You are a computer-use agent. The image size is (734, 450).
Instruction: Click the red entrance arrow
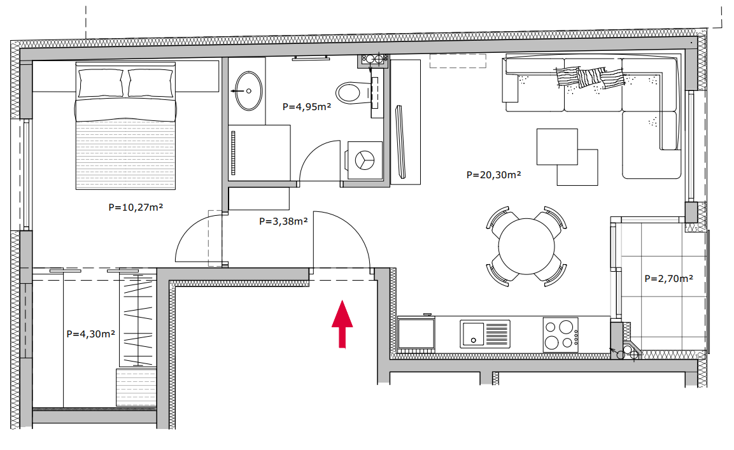tap(342, 324)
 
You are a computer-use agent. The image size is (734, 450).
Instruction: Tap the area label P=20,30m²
tap(493, 174)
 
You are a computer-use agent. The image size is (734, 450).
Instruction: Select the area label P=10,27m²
tap(136, 207)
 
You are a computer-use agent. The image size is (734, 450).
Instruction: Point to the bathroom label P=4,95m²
tap(307, 107)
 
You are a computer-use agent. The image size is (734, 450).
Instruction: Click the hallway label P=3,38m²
tap(283, 221)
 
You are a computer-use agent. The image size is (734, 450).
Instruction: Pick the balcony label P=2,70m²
tap(668, 279)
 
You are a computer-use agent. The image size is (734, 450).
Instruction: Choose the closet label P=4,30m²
tap(91, 334)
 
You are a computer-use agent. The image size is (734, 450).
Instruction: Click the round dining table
tap(526, 246)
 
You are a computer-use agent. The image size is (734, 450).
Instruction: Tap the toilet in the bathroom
tap(353, 93)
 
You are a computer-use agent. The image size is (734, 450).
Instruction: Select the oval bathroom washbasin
tap(248, 91)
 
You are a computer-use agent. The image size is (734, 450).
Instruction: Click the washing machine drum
tap(365, 160)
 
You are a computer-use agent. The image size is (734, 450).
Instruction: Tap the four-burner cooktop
tap(561, 334)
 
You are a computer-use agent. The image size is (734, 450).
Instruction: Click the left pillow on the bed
tap(101, 83)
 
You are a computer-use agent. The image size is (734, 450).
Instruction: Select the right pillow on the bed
tap(150, 83)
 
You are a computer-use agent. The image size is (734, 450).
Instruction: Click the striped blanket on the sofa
tap(590, 77)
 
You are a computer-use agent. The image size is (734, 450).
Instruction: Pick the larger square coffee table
tap(557, 146)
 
